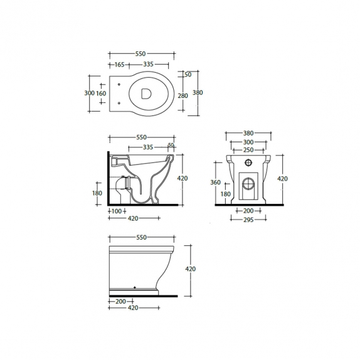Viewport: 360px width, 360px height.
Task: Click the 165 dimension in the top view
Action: [119, 65]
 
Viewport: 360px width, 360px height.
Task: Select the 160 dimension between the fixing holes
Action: [101, 93]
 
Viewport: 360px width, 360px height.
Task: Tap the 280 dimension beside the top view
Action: [183, 95]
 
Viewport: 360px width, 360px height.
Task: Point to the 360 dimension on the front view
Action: [215, 183]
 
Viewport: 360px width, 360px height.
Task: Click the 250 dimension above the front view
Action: [248, 150]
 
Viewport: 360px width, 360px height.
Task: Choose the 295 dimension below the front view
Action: [248, 220]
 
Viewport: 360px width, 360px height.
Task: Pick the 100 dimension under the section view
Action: [117, 211]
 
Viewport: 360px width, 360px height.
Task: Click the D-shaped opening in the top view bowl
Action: [146, 93]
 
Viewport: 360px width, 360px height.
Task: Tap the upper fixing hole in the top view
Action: [119, 85]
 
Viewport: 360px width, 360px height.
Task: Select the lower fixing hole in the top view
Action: [119, 103]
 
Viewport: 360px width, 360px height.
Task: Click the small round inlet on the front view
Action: [248, 162]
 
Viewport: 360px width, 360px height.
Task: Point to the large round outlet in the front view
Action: [248, 184]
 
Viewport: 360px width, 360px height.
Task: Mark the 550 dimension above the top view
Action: [140, 54]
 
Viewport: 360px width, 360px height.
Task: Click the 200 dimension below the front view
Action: [248, 211]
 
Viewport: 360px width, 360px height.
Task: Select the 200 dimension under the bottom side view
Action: [120, 301]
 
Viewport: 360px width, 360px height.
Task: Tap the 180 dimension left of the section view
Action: [97, 193]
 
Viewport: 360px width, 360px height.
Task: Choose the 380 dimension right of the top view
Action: [198, 93]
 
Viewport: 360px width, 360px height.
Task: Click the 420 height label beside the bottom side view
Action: [190, 269]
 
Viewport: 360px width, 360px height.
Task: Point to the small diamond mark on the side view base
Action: [135, 287]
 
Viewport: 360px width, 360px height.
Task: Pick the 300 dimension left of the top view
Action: [89, 93]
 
